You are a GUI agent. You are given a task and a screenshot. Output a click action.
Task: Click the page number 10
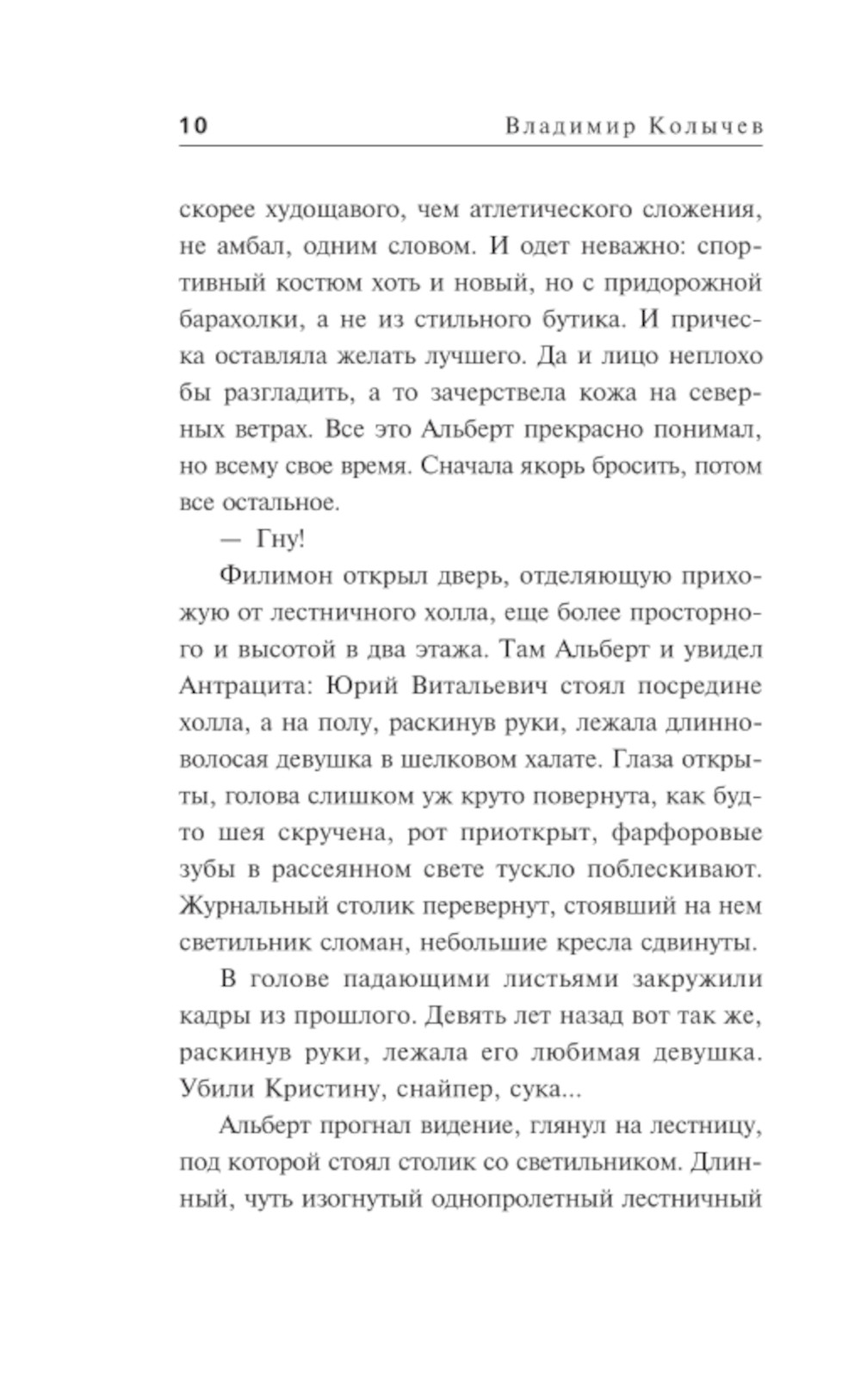tap(194, 126)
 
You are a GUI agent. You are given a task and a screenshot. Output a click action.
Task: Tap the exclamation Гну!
tap(280, 540)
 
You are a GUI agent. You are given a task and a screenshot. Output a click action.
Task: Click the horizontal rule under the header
tap(470, 145)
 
